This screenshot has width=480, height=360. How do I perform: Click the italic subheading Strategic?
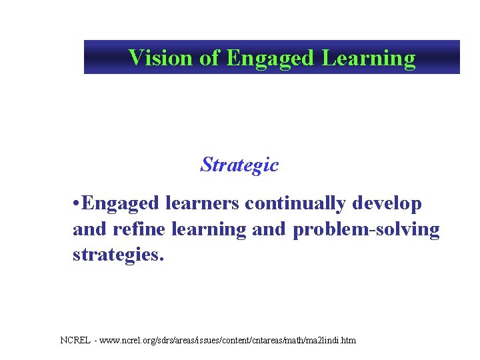coord(239,164)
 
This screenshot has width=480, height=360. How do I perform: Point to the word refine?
coord(137,229)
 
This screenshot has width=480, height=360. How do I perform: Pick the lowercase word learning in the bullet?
coord(209,229)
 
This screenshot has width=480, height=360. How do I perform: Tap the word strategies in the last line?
coord(115,255)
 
